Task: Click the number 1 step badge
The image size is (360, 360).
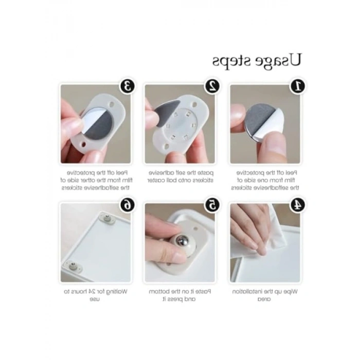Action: (x=297, y=85)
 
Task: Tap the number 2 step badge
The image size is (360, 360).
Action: (x=212, y=85)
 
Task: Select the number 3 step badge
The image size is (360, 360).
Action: (x=128, y=85)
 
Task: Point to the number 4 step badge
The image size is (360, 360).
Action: (x=297, y=204)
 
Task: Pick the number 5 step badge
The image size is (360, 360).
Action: (x=212, y=204)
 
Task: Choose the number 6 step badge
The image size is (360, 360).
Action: (x=128, y=204)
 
